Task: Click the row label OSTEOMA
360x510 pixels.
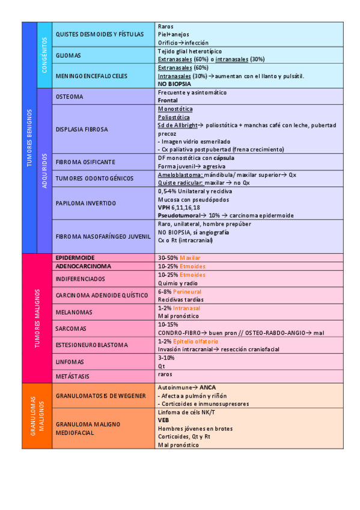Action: pyautogui.click(x=69, y=97)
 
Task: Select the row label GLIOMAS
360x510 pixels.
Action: pyautogui.click(x=68, y=55)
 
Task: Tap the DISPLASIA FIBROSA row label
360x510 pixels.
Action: pyautogui.click(x=82, y=129)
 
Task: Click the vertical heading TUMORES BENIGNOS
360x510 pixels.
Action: pyautogui.click(x=29, y=138)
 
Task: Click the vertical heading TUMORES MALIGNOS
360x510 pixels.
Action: pyautogui.click(x=37, y=318)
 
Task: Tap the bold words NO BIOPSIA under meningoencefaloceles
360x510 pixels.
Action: pyautogui.click(x=174, y=84)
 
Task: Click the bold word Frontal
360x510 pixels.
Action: pyautogui.click(x=168, y=100)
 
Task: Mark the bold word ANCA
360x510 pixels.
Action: pyautogui.click(x=209, y=387)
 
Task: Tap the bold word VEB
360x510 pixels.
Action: pyautogui.click(x=163, y=420)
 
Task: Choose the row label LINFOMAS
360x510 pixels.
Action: pyautogui.click(x=69, y=362)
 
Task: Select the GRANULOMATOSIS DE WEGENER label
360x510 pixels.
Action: pyautogui.click(x=100, y=396)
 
